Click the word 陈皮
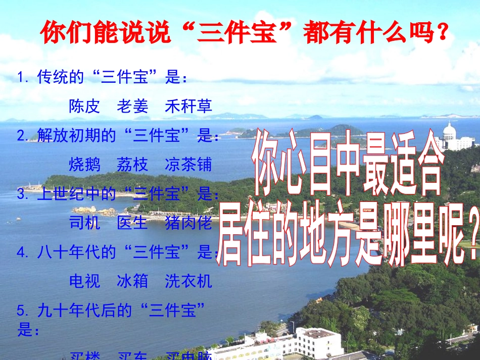click(84, 106)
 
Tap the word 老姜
click(133, 106)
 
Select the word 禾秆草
click(188, 106)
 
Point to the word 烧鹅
click(84, 165)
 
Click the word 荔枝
click(133, 165)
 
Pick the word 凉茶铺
click(188, 165)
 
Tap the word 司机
click(84, 223)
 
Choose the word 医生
click(133, 223)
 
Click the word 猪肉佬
click(188, 223)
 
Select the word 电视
click(84, 281)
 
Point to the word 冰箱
click(133, 281)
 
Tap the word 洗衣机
click(188, 281)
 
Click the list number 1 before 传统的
click(21, 77)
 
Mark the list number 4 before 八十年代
click(21, 252)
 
